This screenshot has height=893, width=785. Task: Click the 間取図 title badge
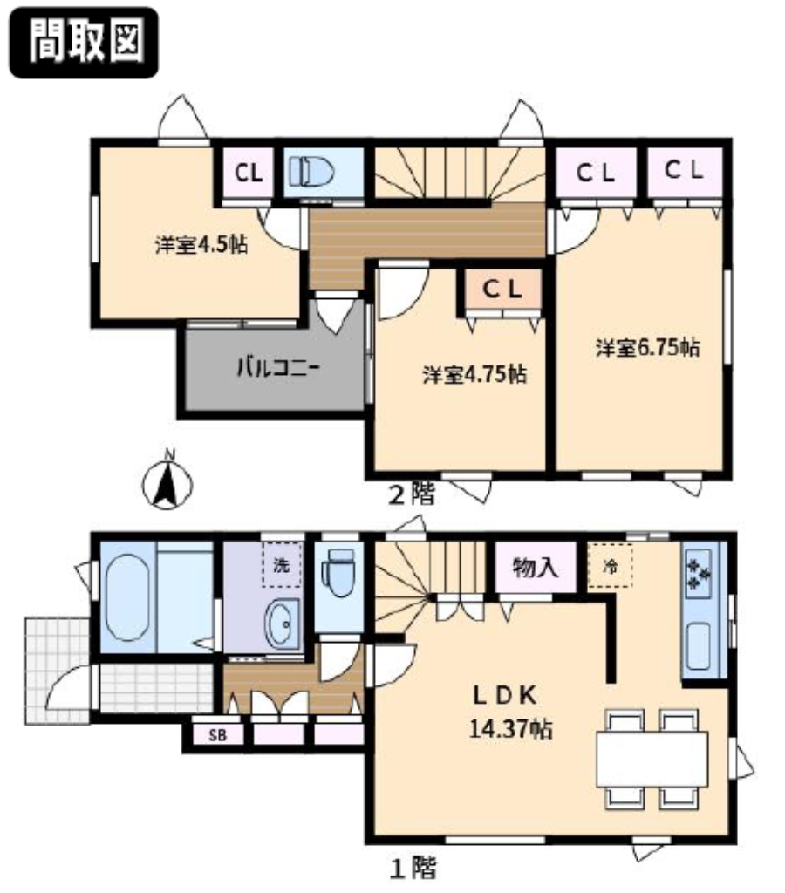tap(84, 42)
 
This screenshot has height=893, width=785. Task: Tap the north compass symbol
tap(167, 481)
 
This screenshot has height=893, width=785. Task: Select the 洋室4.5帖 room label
tap(201, 245)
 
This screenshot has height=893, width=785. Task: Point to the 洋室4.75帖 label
tap(474, 375)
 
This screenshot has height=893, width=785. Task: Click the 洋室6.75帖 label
tap(648, 347)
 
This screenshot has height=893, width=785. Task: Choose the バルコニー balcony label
tap(277, 367)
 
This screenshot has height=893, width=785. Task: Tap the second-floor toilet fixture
tap(311, 172)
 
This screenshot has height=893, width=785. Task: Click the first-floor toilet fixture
tap(338, 572)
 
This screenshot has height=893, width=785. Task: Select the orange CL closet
tap(502, 290)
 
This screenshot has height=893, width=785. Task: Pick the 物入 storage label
tap(535, 568)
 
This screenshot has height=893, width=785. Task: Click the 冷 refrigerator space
tap(610, 565)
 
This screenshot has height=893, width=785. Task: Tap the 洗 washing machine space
tap(282, 565)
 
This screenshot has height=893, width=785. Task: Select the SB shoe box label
tap(217, 735)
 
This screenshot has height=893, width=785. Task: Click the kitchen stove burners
tap(700, 573)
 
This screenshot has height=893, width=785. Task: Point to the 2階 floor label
tap(412, 494)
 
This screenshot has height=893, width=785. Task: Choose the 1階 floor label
tap(413, 869)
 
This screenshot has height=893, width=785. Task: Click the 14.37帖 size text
tap(511, 728)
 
